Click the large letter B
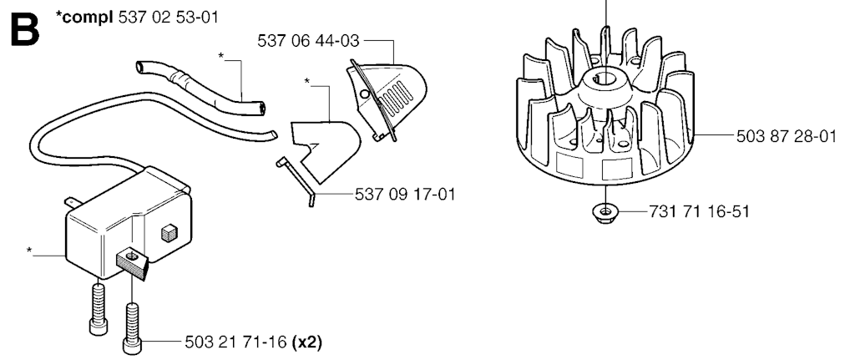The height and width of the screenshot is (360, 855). [25, 30]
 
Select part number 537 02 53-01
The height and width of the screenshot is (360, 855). [168, 17]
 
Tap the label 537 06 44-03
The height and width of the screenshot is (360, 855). [309, 41]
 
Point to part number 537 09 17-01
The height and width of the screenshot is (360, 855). [405, 195]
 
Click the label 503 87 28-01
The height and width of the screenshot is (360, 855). [787, 136]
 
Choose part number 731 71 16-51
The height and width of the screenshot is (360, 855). [699, 211]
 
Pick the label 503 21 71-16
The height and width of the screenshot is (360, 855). [235, 342]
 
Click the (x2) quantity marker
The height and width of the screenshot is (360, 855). [307, 342]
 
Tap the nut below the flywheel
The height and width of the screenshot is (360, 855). [604, 210]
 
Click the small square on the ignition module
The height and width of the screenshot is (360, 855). [167, 233]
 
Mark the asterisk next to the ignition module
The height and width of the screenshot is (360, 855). [30, 251]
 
